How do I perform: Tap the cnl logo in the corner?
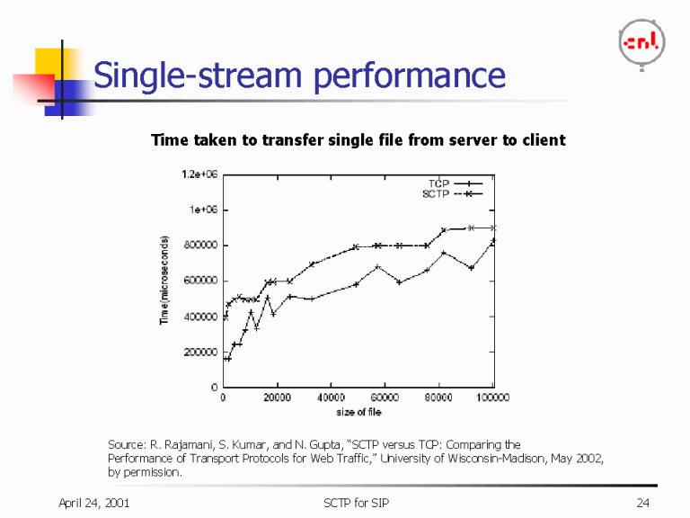643,42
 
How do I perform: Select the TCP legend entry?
438,183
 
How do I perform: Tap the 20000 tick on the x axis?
277,397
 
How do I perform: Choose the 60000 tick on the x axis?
385,397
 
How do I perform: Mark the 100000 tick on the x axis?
491,397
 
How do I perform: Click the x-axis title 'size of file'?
358,412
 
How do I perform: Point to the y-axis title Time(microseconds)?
165,281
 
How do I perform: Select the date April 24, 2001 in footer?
94,502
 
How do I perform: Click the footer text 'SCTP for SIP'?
357,502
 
